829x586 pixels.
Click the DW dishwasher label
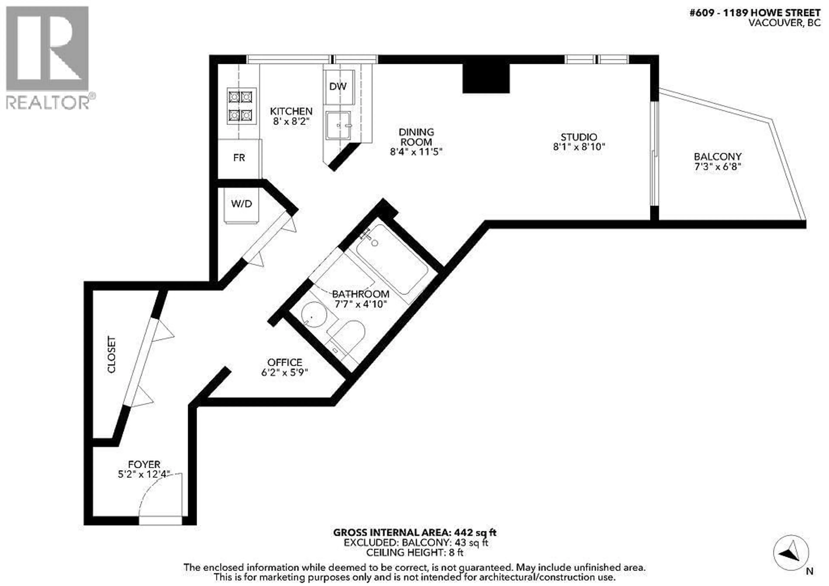point(338,86)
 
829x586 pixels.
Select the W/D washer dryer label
point(241,204)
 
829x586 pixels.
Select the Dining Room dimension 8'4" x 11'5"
point(416,152)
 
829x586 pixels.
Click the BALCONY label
point(717,157)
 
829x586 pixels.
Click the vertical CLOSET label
point(112,355)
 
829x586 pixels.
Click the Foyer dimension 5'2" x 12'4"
point(144,474)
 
